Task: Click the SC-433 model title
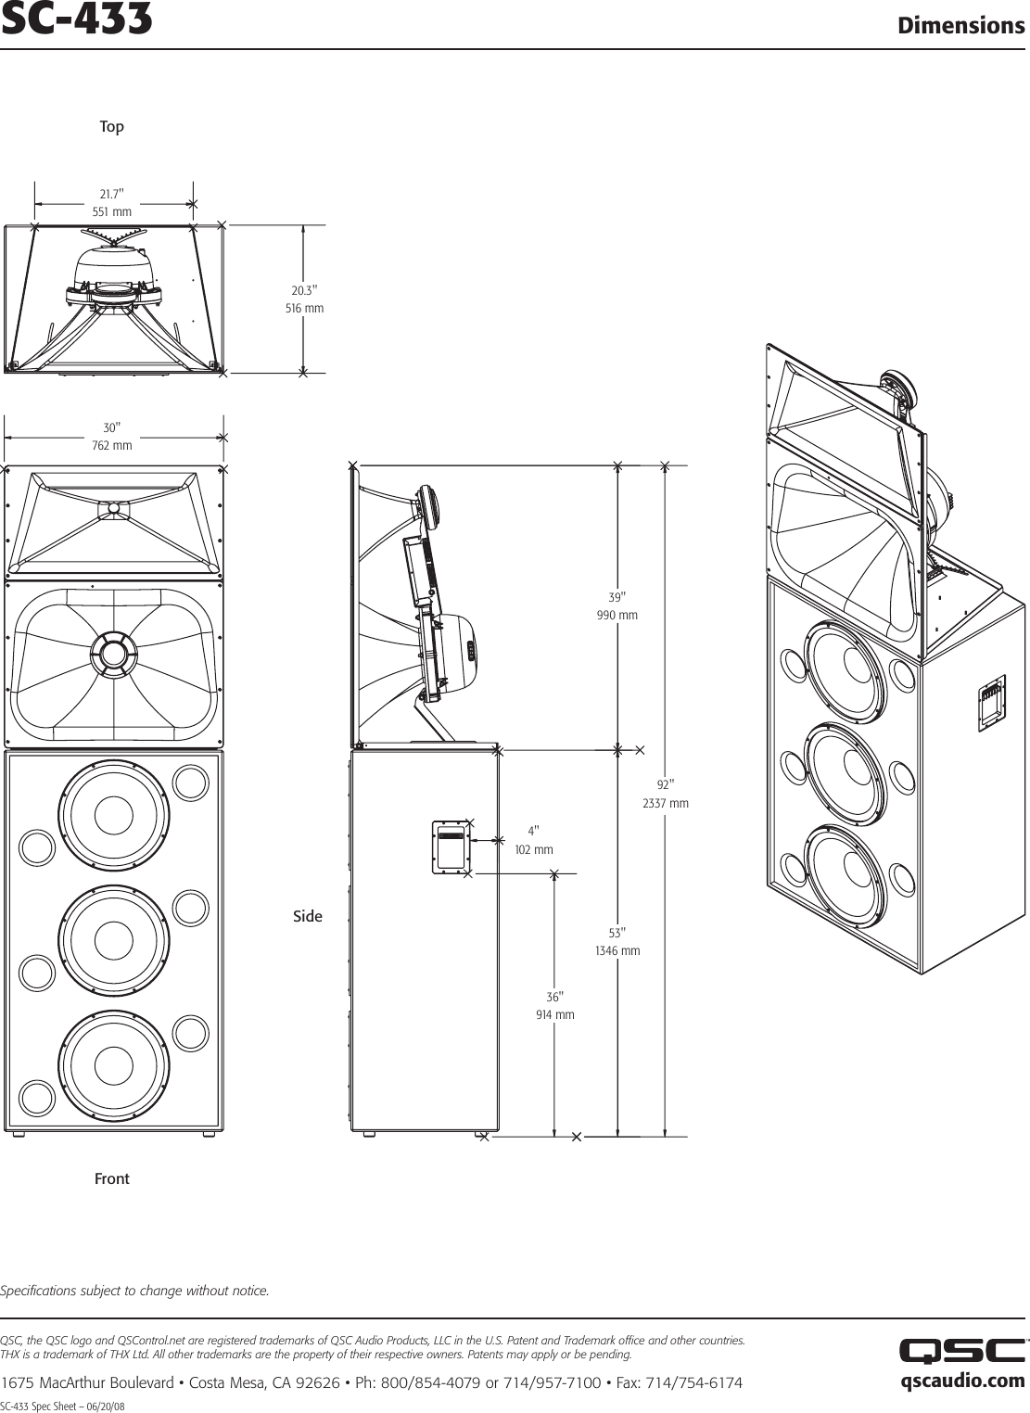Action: click(x=76, y=21)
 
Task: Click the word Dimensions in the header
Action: click(x=960, y=25)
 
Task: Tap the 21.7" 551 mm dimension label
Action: click(x=112, y=203)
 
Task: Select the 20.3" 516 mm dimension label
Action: click(x=304, y=299)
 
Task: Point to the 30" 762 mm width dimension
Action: click(x=112, y=437)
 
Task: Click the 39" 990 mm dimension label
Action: click(x=617, y=605)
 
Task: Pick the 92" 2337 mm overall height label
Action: click(x=666, y=794)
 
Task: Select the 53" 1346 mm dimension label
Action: click(x=617, y=941)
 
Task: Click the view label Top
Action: click(x=111, y=127)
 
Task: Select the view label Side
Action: click(x=308, y=916)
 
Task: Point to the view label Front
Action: click(x=112, y=1178)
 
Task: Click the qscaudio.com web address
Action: click(x=962, y=1381)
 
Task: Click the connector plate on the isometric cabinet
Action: click(x=992, y=704)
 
